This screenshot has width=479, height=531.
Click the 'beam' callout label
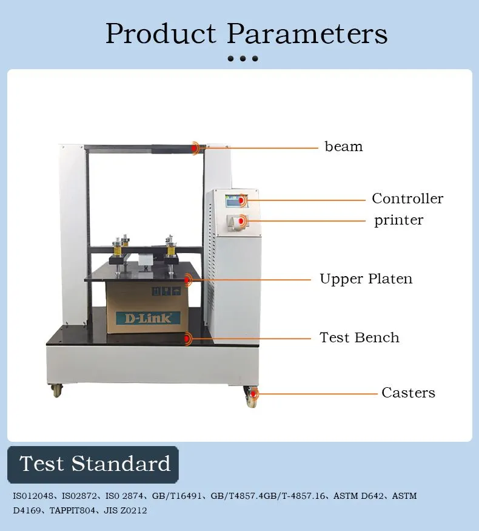point(344,147)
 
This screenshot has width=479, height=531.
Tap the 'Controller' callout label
point(407,198)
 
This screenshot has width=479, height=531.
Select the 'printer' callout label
point(399,220)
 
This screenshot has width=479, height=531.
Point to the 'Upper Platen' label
point(366,279)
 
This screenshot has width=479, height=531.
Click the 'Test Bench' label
point(360,337)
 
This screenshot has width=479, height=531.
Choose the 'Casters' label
point(408,393)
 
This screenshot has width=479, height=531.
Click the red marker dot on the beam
point(194,148)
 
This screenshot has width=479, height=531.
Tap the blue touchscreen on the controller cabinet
point(235,201)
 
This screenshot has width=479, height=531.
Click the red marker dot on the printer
point(241,221)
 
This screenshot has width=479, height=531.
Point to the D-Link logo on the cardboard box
point(148,319)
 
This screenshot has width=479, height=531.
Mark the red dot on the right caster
point(253,394)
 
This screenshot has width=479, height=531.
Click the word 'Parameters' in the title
point(307,34)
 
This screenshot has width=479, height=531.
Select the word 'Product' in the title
point(161,34)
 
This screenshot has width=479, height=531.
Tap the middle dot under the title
point(243,59)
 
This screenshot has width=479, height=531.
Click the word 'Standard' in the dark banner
point(121,464)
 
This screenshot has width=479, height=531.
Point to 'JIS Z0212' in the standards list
point(126,510)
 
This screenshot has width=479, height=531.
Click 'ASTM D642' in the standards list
point(358,496)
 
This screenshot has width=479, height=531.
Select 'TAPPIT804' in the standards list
point(72,510)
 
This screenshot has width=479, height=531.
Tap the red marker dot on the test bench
point(187,338)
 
